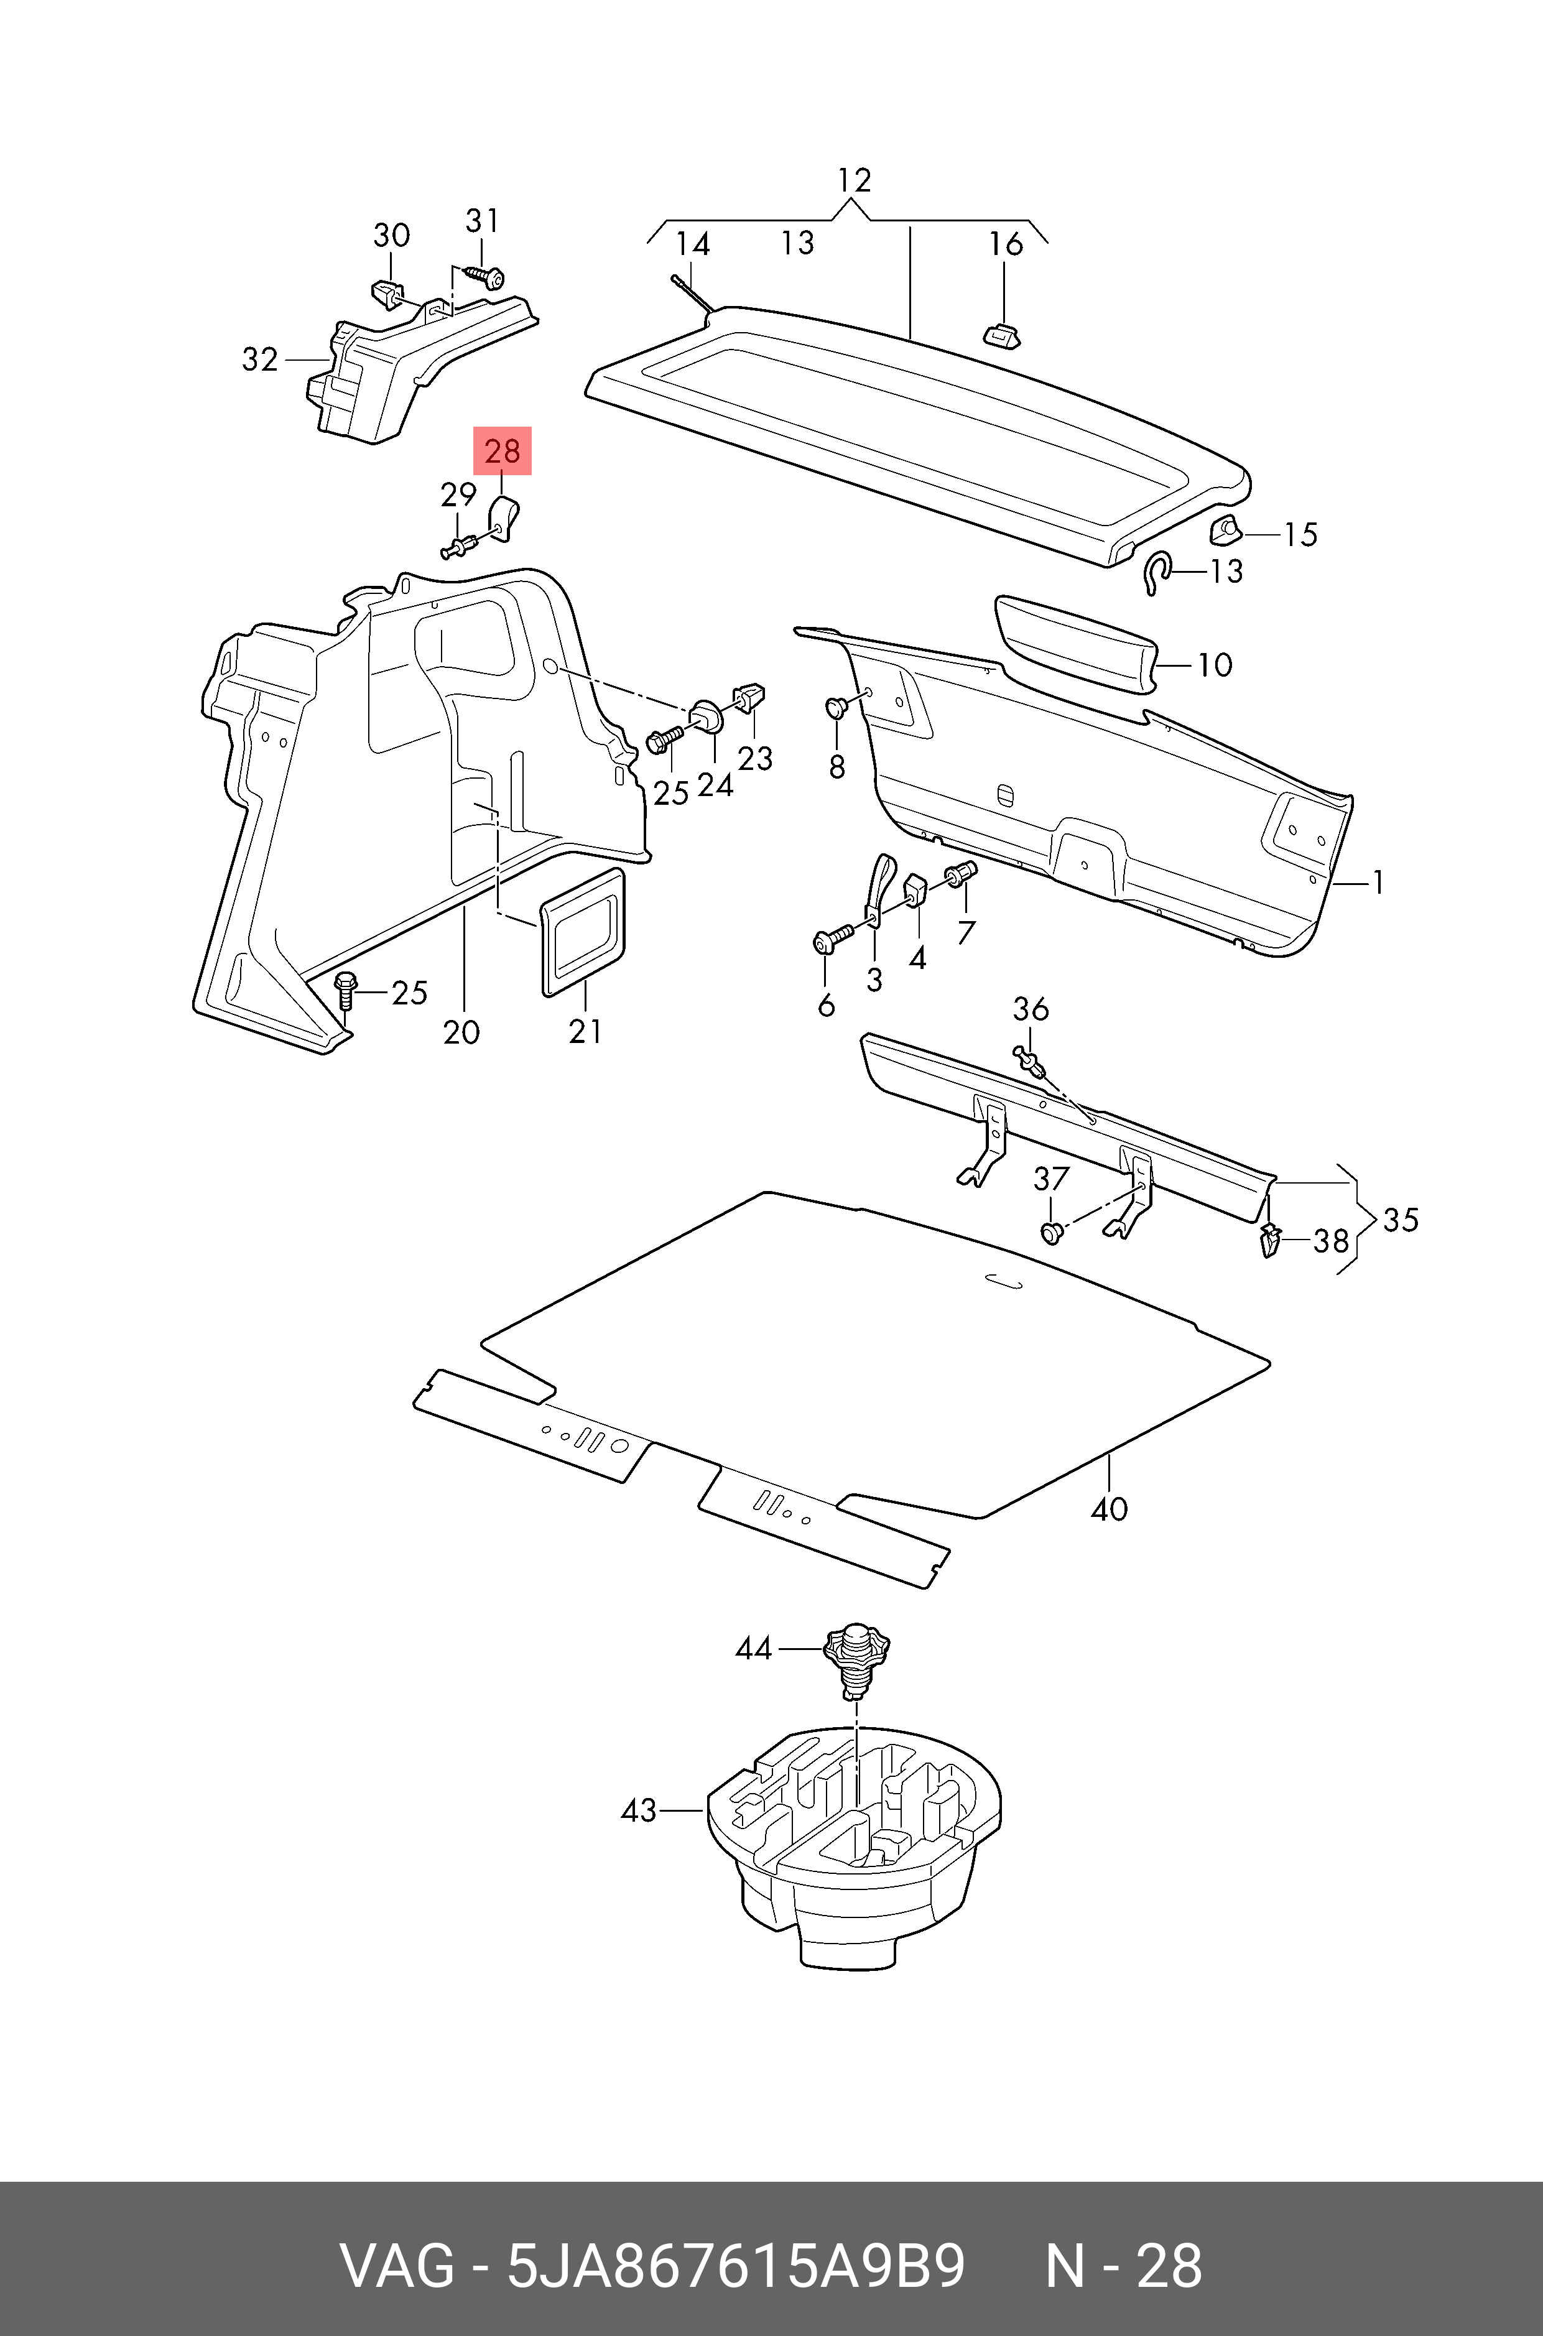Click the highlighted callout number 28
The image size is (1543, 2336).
pyautogui.click(x=502, y=452)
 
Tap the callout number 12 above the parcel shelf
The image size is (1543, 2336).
pyautogui.click(x=854, y=181)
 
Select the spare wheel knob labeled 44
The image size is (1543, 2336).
pyautogui.click(x=857, y=1656)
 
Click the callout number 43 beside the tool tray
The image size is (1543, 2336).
pyautogui.click(x=639, y=1810)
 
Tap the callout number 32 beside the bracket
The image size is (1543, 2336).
pyautogui.click(x=260, y=360)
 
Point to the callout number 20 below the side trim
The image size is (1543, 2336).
pyautogui.click(x=461, y=1032)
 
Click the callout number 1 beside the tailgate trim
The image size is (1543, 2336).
pyautogui.click(x=1378, y=883)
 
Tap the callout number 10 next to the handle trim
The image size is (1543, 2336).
pyautogui.click(x=1215, y=665)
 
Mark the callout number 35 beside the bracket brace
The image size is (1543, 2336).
pyautogui.click(x=1401, y=1220)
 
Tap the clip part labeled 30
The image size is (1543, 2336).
pyautogui.click(x=387, y=293)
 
